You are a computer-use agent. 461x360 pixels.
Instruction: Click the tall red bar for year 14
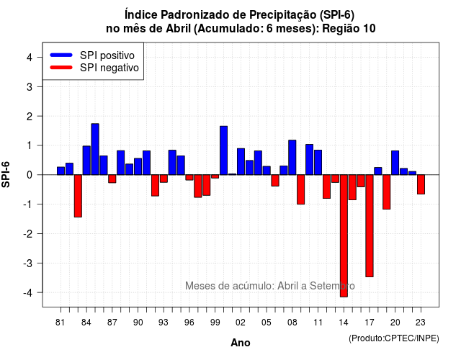pos(344,235)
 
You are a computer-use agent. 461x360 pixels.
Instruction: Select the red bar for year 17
pos(370,225)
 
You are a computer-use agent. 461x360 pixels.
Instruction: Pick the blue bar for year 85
pos(95,149)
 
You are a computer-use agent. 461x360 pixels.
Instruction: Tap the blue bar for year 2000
pos(224,150)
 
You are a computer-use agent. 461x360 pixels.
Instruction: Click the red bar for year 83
pos(78,196)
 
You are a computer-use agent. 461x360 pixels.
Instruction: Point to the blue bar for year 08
pos(292,158)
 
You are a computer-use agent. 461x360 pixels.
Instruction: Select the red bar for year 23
pos(421,184)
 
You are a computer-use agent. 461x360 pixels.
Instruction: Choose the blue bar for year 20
pos(395,163)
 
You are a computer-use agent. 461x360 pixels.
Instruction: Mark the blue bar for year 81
pos(61,171)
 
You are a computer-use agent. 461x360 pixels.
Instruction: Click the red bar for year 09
pos(301,189)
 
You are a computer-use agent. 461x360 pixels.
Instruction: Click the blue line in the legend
pos(61,55)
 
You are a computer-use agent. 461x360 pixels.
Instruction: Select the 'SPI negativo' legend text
pos(109,68)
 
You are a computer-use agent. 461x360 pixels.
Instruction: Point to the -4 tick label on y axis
pos(28,293)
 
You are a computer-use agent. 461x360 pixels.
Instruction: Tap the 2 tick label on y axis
pos(30,117)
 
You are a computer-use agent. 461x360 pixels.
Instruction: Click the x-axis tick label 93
pos(164,323)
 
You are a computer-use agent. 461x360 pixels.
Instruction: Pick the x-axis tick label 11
pos(318,323)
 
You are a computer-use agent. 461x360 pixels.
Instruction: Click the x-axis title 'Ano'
pos(241,343)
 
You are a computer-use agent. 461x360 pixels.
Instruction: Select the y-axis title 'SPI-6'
pos(6,174)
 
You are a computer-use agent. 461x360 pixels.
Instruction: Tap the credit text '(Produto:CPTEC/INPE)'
pos(394,338)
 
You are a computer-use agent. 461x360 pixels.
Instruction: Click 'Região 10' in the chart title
pos(349,29)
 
